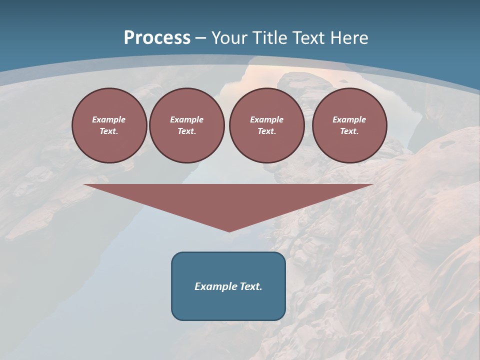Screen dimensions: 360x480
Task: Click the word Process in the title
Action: pos(157,38)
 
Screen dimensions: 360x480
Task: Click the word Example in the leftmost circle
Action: pos(109,119)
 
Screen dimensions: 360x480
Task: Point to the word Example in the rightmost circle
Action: pos(349,119)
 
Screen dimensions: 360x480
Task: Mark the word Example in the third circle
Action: pos(266,119)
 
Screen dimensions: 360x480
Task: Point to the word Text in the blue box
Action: pos(251,286)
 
